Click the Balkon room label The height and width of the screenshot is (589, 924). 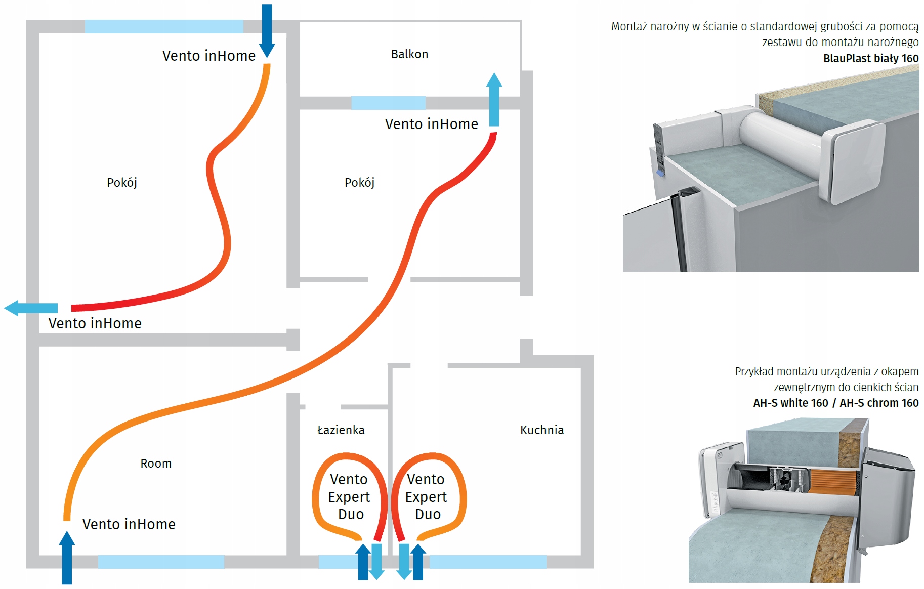pyautogui.click(x=409, y=54)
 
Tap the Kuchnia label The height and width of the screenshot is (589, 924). pyautogui.click(x=542, y=430)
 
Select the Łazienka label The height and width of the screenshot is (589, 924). pyautogui.click(x=341, y=430)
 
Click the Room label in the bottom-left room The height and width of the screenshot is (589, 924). pyautogui.click(x=156, y=464)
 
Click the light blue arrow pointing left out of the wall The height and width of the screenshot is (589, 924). pyautogui.click(x=30, y=308)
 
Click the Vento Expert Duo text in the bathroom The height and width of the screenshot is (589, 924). pyautogui.click(x=350, y=497)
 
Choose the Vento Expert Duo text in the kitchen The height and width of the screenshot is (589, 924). pyautogui.click(x=426, y=497)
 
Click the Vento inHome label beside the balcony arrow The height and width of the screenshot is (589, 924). pyautogui.click(x=432, y=124)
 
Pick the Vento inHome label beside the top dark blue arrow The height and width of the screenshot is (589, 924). pyautogui.click(x=209, y=56)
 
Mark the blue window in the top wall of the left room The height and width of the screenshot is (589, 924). pyautogui.click(x=164, y=27)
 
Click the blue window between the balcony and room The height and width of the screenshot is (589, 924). pyautogui.click(x=388, y=103)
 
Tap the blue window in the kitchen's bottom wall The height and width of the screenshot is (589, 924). pyautogui.click(x=488, y=562)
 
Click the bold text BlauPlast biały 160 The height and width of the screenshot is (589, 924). pyautogui.click(x=871, y=59)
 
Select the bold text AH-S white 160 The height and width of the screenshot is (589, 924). pyautogui.click(x=790, y=403)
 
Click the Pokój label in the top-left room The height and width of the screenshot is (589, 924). pyautogui.click(x=122, y=183)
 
